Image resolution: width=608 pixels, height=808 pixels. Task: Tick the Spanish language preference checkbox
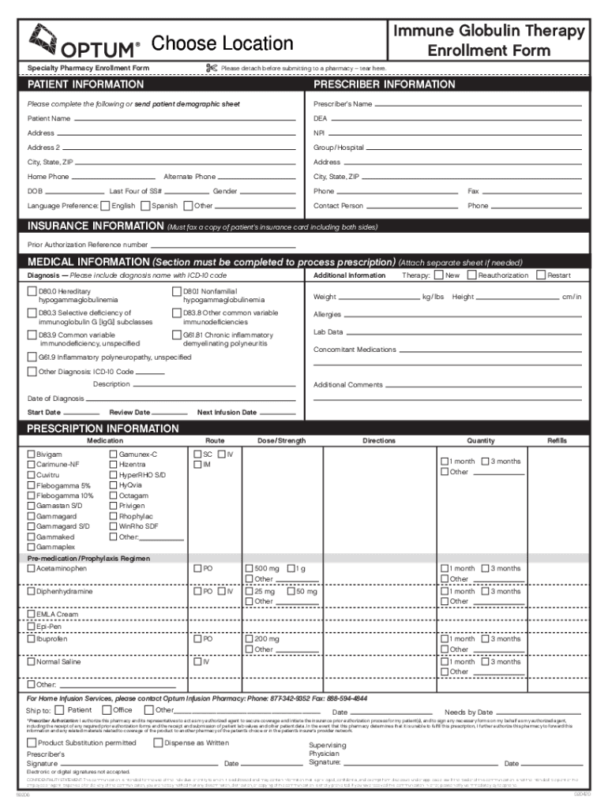point(145,206)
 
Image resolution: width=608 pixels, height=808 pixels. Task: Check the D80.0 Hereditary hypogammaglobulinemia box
point(32,292)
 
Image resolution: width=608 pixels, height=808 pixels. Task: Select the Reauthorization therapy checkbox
point(472,275)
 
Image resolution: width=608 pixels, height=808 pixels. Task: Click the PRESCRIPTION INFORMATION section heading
point(103,428)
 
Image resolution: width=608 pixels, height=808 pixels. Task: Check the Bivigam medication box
point(32,454)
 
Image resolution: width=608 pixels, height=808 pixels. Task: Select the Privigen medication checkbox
point(114,506)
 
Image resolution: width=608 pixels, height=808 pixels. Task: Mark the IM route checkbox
point(197,465)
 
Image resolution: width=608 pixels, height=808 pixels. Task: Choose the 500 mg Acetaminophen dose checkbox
point(249,568)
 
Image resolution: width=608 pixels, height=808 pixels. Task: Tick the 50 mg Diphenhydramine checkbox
point(291,591)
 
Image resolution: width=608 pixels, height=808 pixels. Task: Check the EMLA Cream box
point(32,614)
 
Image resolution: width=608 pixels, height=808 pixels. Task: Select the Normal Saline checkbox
point(32,662)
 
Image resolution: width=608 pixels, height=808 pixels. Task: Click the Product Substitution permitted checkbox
point(32,743)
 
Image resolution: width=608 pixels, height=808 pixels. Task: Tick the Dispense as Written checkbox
point(158,743)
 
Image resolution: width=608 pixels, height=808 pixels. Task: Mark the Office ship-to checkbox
point(106,709)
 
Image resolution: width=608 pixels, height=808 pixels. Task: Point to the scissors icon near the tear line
point(211,68)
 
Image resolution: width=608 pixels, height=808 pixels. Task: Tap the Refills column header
point(557,440)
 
